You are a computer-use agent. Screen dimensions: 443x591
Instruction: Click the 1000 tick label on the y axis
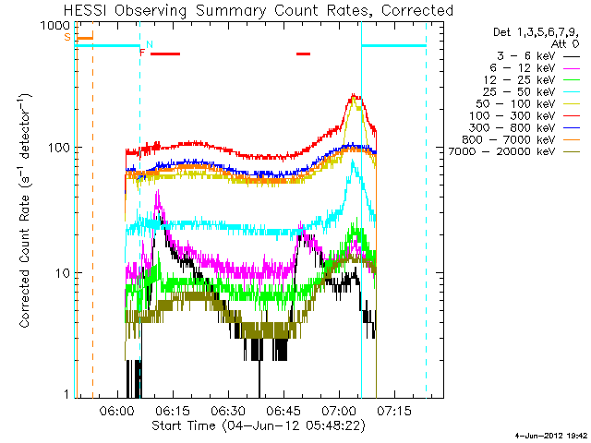55,25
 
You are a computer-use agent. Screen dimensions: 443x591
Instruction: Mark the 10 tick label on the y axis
62,273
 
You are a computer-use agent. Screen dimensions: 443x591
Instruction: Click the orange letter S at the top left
67,37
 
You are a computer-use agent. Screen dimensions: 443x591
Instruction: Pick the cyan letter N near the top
150,44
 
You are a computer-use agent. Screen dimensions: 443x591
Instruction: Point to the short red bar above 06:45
304,54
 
